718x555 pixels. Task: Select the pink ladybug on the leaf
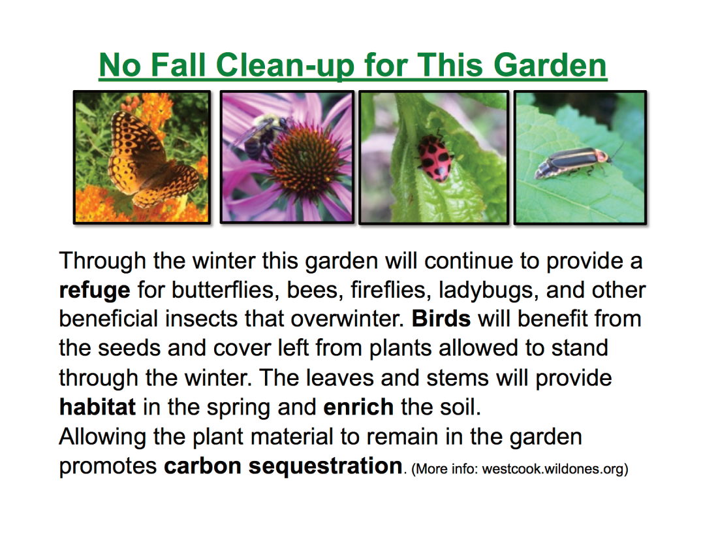tap(433, 158)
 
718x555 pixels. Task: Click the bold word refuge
tap(95, 291)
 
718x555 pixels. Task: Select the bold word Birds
tap(441, 319)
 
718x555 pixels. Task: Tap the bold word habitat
tap(97, 407)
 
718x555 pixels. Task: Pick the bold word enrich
tap(358, 407)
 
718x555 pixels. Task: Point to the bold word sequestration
tap(325, 467)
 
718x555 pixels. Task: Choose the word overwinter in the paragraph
tap(347, 319)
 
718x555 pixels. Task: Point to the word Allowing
tap(102, 437)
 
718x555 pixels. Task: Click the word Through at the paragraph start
tap(102, 261)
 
